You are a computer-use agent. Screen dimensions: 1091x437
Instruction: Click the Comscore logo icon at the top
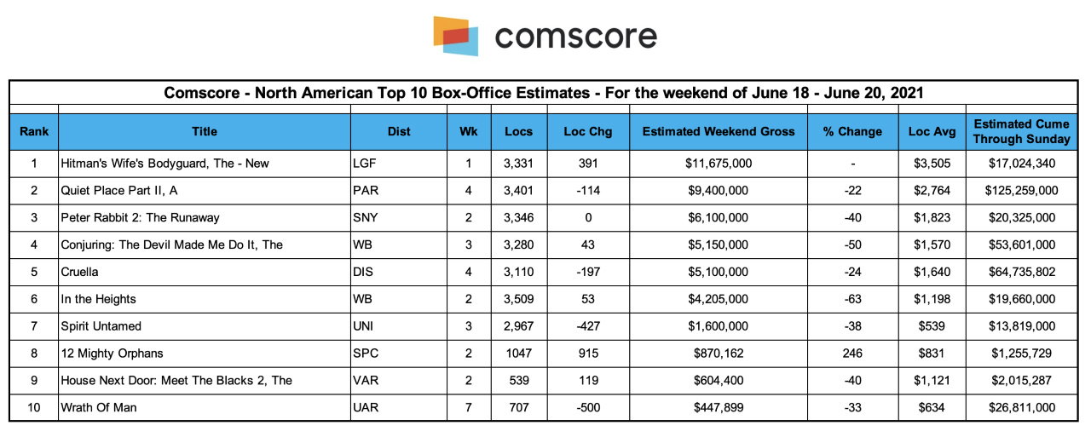[x=455, y=36]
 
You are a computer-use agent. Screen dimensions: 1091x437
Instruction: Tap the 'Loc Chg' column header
[x=588, y=131]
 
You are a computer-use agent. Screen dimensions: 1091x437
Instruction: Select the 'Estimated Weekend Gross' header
[x=719, y=131]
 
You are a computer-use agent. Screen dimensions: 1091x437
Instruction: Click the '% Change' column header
[x=852, y=131]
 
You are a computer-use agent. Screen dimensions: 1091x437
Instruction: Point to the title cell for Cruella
[x=79, y=272]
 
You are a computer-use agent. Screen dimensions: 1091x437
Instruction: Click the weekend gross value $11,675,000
[x=719, y=164]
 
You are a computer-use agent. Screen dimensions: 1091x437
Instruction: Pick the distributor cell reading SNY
[x=366, y=217]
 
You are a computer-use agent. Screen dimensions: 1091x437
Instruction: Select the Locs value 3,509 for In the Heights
[x=519, y=299]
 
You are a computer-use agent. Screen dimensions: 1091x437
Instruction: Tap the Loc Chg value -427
[x=588, y=326]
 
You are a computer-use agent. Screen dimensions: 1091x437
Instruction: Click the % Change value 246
[x=852, y=354]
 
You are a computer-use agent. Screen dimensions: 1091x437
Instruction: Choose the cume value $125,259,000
[x=1021, y=190]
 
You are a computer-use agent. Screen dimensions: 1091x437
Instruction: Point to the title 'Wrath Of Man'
[x=98, y=407]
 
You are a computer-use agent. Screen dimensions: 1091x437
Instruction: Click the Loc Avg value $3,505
[x=932, y=164]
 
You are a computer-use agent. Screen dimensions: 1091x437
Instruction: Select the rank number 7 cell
[x=34, y=326]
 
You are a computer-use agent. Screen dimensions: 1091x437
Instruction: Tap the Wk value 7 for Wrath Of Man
[x=469, y=407]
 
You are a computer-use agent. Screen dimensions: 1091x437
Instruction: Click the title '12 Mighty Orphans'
[x=112, y=354]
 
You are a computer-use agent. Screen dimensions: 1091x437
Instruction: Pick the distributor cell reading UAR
[x=366, y=407]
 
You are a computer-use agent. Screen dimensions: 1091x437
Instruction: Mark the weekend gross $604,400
[x=719, y=380]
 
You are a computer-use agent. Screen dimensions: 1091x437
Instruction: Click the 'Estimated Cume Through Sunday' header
[x=1021, y=131]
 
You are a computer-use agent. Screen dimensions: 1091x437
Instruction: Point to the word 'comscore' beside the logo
[x=576, y=37]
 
